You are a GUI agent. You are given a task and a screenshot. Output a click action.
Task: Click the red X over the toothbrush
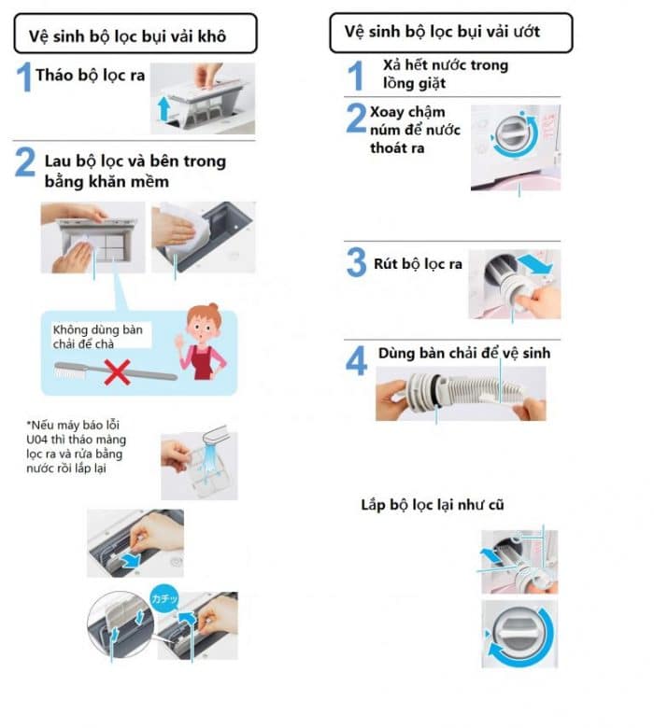117,371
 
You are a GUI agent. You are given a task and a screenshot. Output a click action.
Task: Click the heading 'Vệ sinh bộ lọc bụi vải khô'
127,35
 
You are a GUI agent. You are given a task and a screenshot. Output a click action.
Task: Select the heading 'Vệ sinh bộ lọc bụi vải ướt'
442,31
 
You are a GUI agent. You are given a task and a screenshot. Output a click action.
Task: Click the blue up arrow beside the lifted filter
163,108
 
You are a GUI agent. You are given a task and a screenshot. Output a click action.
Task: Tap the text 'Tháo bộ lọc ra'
91,75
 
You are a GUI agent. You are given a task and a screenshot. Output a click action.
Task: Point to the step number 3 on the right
357,262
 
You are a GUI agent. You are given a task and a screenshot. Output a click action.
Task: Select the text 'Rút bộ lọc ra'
418,264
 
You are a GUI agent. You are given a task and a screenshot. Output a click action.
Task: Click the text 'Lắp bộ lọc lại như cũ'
433,505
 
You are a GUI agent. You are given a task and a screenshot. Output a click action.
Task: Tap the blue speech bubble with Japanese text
164,598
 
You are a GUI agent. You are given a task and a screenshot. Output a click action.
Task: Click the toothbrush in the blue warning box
115,371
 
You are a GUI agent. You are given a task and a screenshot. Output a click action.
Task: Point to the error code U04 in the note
36,440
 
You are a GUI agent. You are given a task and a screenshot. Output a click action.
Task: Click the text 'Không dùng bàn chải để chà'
97,336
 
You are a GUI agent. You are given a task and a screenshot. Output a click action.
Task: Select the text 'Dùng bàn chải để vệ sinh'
464,353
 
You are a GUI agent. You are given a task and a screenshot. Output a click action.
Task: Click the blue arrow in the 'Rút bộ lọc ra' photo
536,263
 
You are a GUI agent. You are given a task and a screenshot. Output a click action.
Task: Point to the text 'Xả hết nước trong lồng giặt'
446,74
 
